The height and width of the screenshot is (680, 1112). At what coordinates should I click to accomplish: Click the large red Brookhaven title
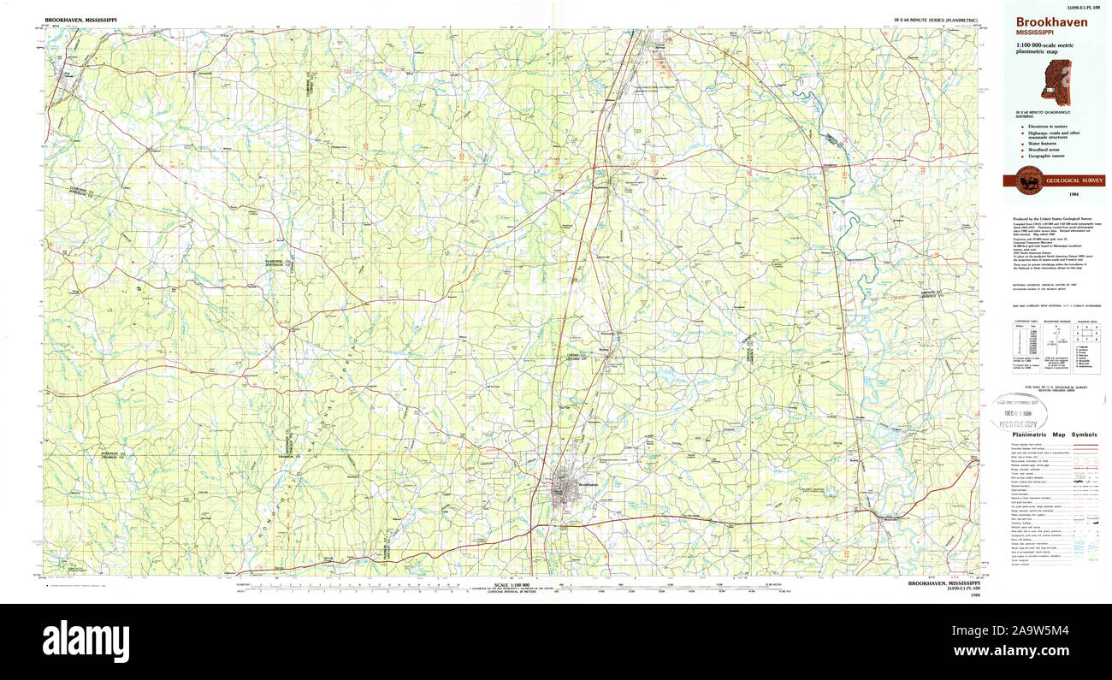[1051, 22]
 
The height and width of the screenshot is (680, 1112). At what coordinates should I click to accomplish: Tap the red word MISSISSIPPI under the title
[1034, 33]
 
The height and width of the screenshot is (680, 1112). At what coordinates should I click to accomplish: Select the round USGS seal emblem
[1030, 180]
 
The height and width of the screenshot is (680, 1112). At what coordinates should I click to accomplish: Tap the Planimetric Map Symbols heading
[1054, 435]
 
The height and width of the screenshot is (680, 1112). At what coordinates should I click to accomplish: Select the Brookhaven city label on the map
[586, 485]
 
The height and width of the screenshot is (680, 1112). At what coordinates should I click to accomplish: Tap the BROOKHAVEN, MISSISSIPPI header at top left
[81, 19]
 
